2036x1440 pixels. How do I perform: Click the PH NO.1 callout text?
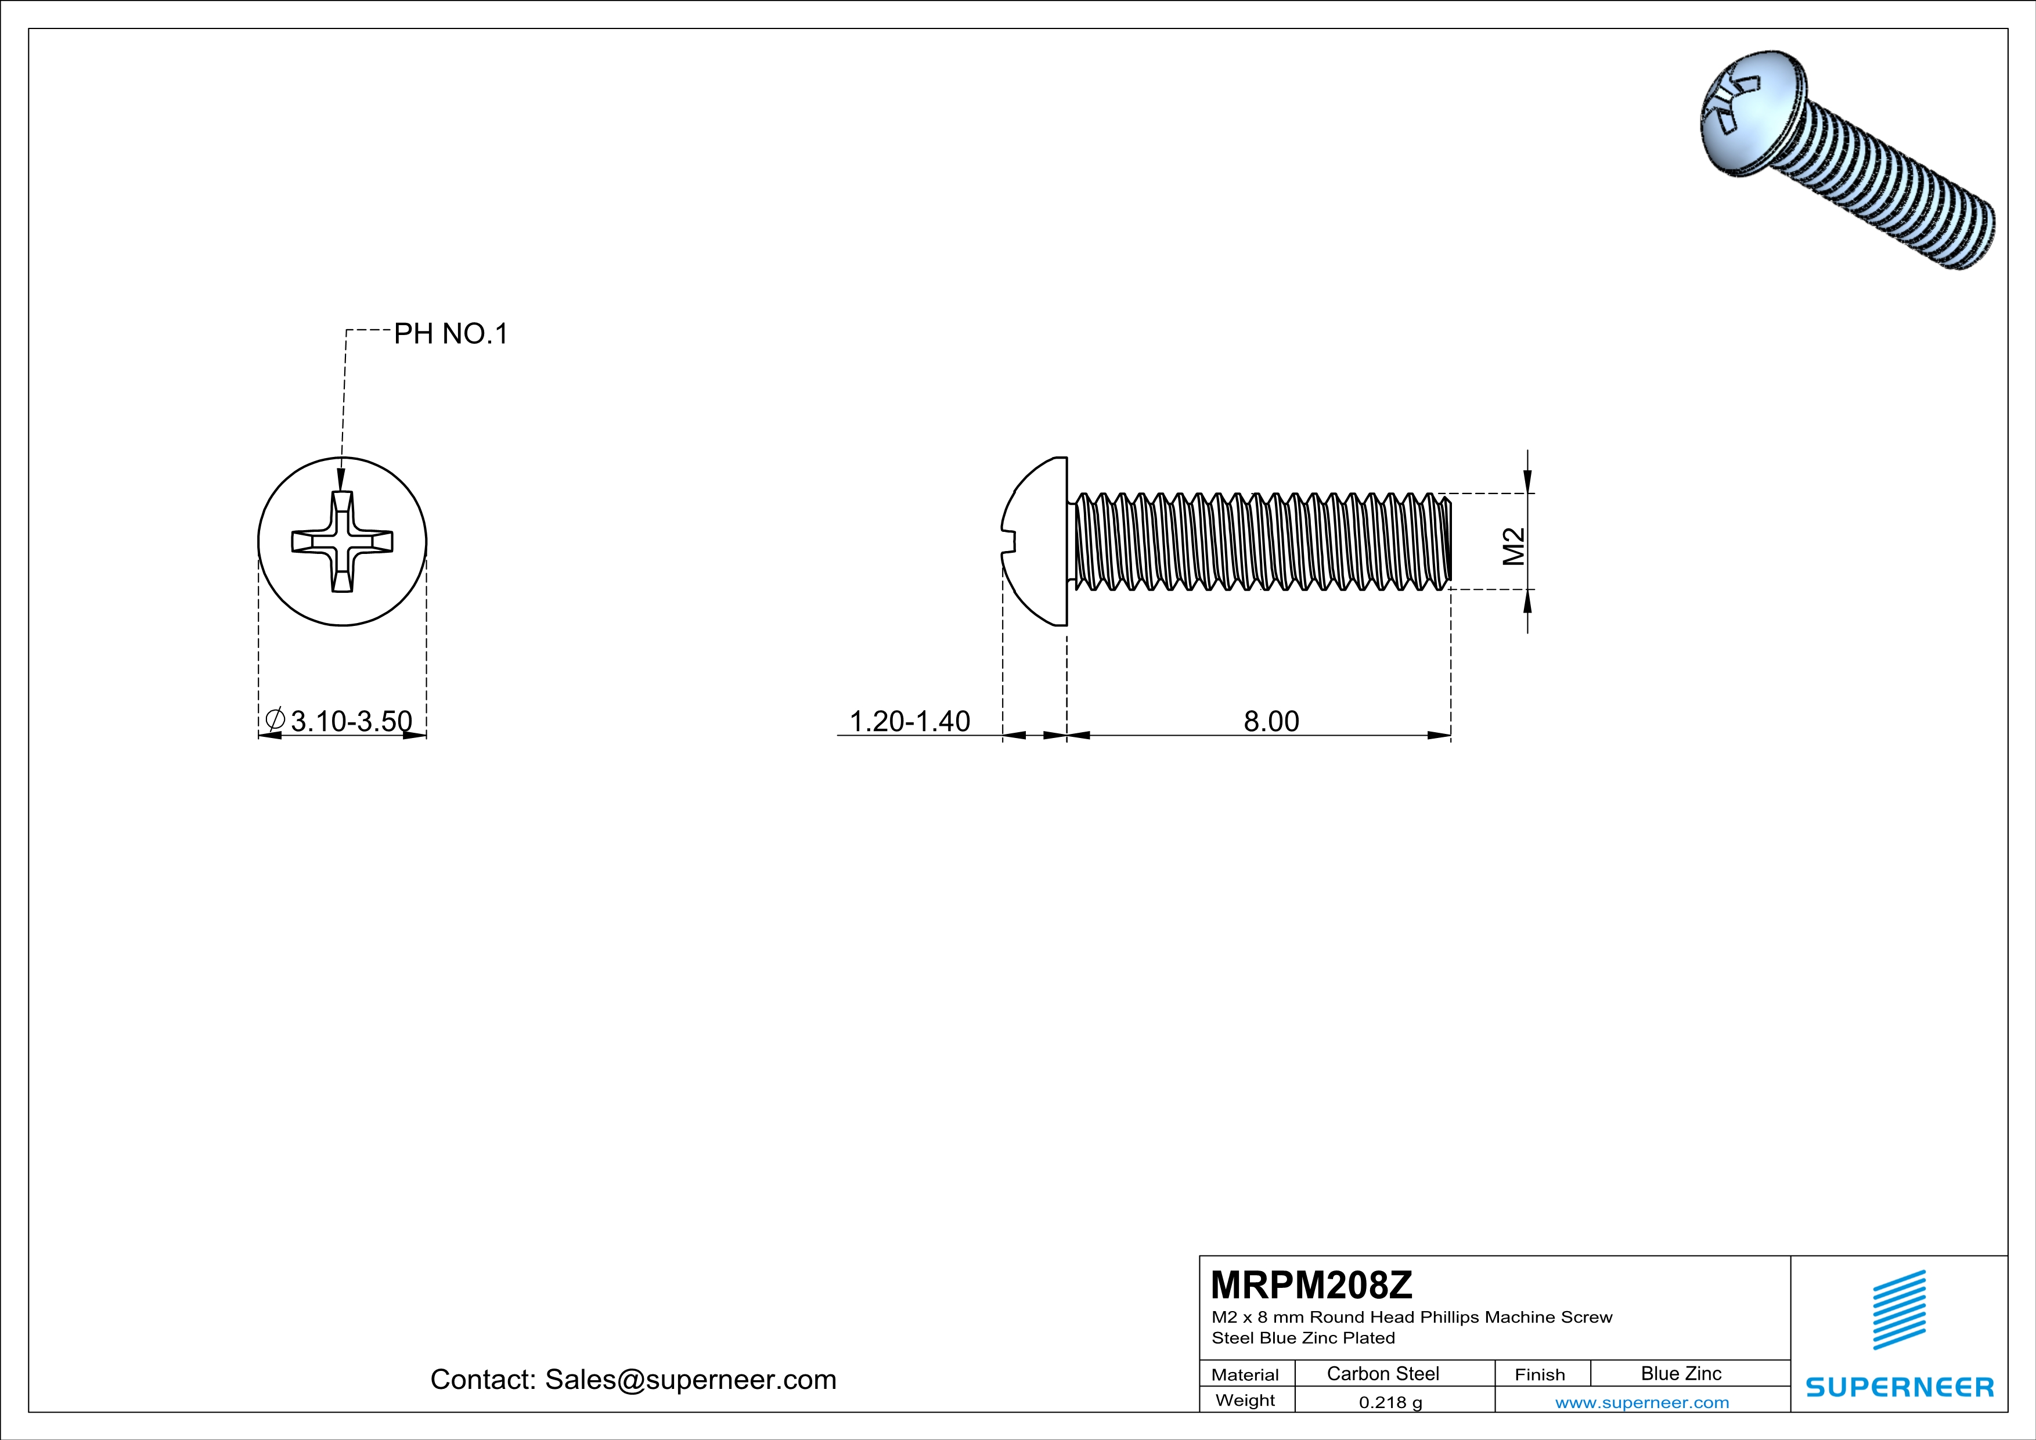[x=451, y=334]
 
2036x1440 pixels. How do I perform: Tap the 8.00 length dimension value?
[x=1271, y=721]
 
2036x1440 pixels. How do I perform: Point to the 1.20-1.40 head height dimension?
[x=909, y=721]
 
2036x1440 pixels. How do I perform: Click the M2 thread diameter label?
[x=1514, y=546]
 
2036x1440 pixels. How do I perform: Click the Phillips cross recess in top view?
[x=343, y=542]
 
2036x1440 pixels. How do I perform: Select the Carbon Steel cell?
[x=1382, y=1373]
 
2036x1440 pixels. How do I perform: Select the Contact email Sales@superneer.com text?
[x=633, y=1380]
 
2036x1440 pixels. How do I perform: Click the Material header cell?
[x=1245, y=1374]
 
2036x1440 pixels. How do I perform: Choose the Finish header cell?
[x=1540, y=1374]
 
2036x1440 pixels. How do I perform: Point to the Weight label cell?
[x=1245, y=1400]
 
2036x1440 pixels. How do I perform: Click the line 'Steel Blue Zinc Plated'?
[x=1303, y=1338]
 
